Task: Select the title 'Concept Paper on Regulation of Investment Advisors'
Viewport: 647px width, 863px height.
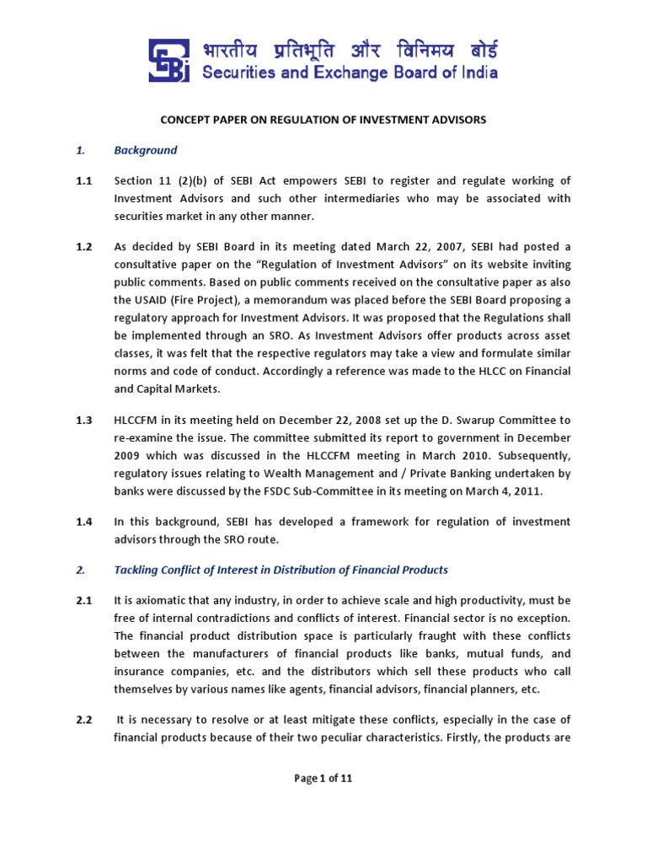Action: click(x=323, y=120)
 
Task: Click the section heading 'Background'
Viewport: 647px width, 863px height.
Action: click(x=146, y=150)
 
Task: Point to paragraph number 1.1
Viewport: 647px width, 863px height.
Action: click(x=84, y=180)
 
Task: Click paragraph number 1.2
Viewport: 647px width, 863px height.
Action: click(x=84, y=246)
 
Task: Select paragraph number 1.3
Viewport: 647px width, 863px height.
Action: click(x=84, y=420)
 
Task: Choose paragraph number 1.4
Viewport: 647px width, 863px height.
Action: click(x=84, y=523)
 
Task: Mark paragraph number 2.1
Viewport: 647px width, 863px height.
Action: click(x=84, y=600)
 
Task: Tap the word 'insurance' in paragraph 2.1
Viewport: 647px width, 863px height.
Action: click(x=141, y=672)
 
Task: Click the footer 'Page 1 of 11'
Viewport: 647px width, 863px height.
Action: click(x=323, y=778)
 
